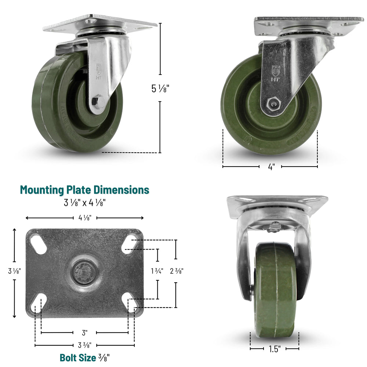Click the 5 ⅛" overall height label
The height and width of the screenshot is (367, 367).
(x=160, y=88)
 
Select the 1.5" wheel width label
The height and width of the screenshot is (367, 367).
(x=274, y=348)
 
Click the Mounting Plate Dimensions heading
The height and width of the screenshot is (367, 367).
(x=84, y=190)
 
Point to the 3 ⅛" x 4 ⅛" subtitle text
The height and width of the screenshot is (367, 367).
(x=84, y=202)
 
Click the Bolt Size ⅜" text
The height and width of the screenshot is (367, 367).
(x=84, y=357)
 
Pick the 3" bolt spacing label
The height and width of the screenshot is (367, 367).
(x=85, y=333)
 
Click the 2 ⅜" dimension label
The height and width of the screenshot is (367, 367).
(x=177, y=271)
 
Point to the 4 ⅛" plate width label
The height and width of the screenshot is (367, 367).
(x=85, y=218)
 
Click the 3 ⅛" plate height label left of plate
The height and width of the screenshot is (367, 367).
(x=15, y=271)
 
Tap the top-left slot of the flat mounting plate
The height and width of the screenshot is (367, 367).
(x=38, y=243)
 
